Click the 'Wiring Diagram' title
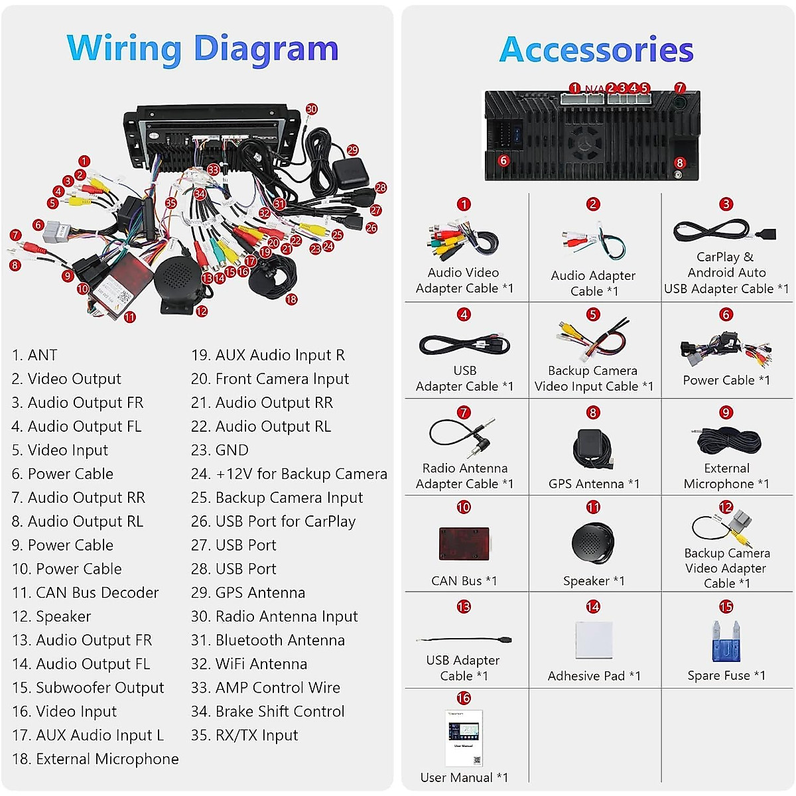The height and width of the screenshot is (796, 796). [x=202, y=49]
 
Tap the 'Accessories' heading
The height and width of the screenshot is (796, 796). [x=596, y=50]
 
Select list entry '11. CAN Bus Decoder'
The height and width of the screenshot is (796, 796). [x=86, y=592]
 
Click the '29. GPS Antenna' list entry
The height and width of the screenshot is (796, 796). [x=248, y=592]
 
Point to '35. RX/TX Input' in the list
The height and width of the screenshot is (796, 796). [x=245, y=735]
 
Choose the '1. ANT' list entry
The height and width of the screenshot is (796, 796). [x=34, y=355]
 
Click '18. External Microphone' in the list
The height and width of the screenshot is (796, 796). [x=96, y=759]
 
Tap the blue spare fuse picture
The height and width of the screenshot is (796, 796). [x=725, y=641]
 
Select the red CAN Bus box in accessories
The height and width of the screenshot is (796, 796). [x=464, y=544]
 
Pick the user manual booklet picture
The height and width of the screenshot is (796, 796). [x=464, y=738]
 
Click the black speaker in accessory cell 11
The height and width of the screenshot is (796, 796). [x=592, y=543]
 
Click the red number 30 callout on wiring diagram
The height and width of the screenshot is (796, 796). [x=311, y=109]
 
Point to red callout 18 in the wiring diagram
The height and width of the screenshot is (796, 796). [x=291, y=300]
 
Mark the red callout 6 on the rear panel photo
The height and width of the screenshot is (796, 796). [x=503, y=161]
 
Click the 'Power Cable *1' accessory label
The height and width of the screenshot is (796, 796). [x=726, y=381]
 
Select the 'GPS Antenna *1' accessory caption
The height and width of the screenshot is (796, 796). [x=594, y=484]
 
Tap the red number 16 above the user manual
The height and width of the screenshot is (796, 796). [x=464, y=698]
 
